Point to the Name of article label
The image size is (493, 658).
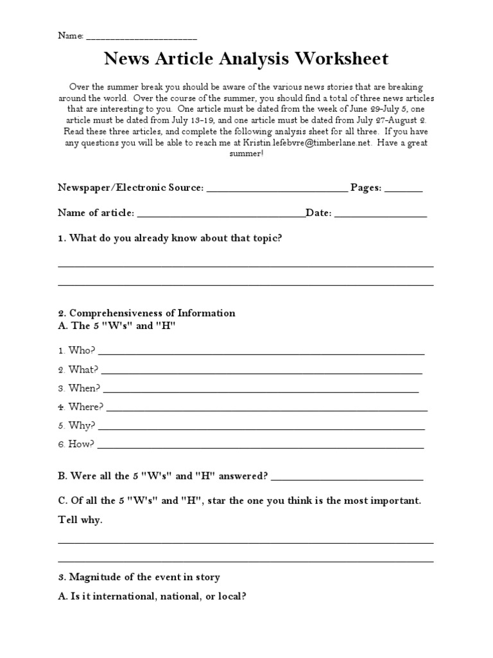tap(96, 213)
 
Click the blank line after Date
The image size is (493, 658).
tap(381, 215)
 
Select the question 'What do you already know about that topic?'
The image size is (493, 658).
tap(175, 238)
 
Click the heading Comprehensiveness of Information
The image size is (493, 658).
tap(152, 313)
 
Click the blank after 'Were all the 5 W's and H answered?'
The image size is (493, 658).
tap(347, 479)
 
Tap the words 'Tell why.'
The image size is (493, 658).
tap(80, 520)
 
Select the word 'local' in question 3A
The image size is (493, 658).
tap(232, 596)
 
